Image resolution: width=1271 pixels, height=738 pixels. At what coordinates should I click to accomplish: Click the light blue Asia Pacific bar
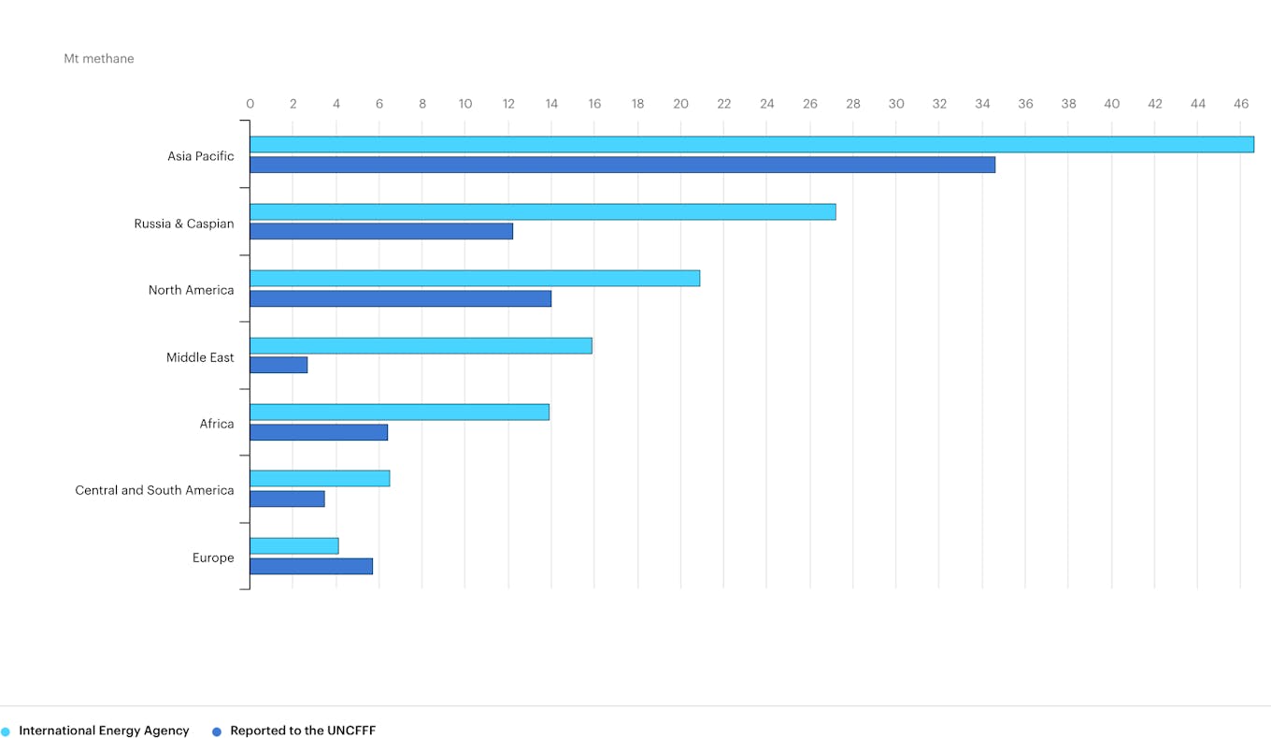tap(751, 144)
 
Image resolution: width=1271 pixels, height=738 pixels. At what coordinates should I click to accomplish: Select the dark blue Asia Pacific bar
tap(622, 165)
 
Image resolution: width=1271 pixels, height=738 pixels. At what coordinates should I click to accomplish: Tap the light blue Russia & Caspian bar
tap(542, 211)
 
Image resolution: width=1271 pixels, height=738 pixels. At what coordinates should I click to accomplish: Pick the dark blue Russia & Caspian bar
tap(381, 231)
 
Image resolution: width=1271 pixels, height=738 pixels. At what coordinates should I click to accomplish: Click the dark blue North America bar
tap(400, 298)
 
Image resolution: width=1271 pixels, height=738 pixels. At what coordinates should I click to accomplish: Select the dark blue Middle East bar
tap(278, 365)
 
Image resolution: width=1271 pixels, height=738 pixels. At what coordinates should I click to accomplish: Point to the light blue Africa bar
tap(399, 412)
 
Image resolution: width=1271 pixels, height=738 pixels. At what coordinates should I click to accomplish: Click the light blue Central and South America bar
tap(320, 478)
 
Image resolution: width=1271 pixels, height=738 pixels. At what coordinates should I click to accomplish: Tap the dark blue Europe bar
tap(311, 566)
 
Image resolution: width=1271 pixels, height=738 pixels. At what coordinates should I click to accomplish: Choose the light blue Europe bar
tap(294, 545)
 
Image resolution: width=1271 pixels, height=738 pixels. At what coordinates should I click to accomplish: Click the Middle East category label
tap(200, 357)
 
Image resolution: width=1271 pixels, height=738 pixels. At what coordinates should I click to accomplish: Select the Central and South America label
tap(154, 490)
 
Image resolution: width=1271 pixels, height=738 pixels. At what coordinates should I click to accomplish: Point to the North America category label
tap(191, 290)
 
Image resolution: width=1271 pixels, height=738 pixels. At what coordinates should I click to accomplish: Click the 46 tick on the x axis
tap(1241, 104)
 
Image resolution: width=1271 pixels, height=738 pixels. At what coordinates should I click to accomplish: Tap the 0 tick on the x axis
tap(250, 104)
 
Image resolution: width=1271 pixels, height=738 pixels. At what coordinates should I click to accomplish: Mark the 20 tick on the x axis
tap(680, 104)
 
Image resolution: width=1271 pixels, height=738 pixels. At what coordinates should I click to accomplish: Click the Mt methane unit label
tap(99, 59)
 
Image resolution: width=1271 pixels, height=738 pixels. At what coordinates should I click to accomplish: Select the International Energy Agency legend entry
tap(104, 731)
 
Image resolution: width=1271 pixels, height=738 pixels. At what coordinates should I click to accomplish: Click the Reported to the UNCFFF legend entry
tap(303, 731)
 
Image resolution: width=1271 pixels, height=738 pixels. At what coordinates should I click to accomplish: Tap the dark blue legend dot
tap(217, 731)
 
